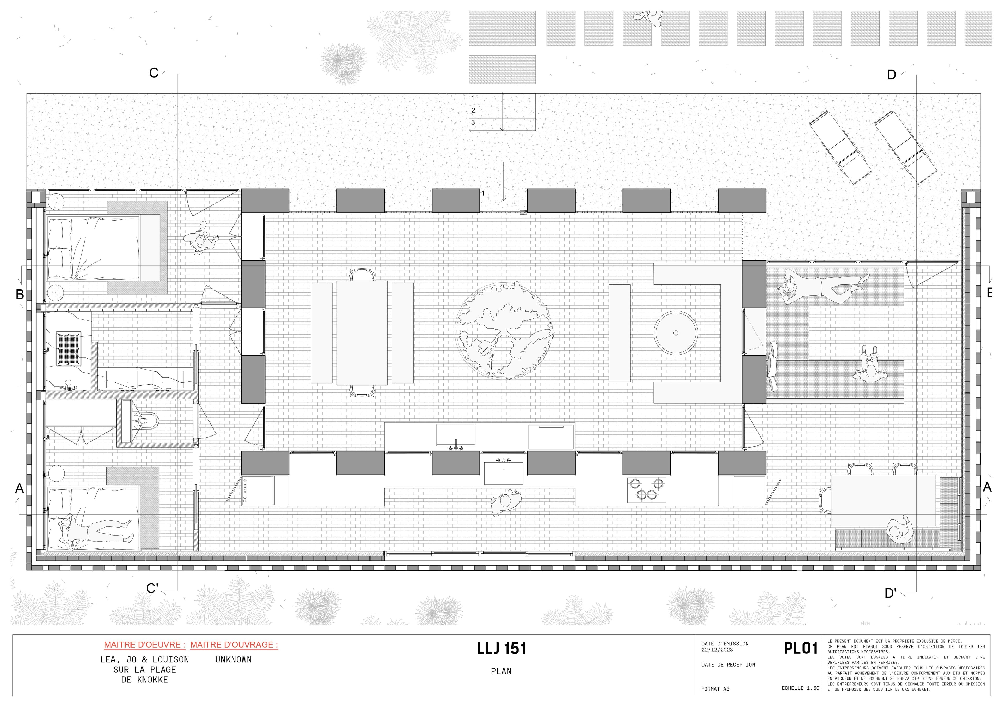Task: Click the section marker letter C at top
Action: point(154,72)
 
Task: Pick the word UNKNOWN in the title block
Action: point(234,659)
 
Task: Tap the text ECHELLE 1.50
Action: point(800,688)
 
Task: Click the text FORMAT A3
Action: point(715,689)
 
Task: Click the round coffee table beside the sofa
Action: point(676,333)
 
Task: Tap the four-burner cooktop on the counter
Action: point(647,490)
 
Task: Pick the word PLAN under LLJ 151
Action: point(501,671)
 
